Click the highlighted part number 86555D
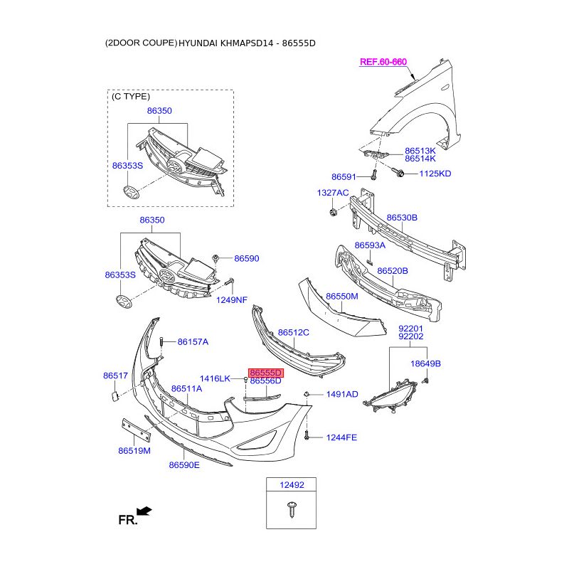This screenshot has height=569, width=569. (266, 372)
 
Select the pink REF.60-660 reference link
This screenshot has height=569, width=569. (383, 62)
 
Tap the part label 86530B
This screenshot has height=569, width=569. (402, 217)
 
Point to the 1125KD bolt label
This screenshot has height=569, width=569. (435, 174)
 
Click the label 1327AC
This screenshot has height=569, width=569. (333, 193)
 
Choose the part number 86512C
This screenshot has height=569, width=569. (293, 332)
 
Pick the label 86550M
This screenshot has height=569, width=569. (341, 295)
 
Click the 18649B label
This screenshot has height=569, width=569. (426, 363)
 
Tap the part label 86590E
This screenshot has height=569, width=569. (184, 465)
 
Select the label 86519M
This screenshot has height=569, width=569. (134, 451)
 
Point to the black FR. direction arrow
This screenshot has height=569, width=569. (144, 510)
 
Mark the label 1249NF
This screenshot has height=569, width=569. (232, 299)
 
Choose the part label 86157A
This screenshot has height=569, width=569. (193, 342)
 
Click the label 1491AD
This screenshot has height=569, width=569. (342, 394)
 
